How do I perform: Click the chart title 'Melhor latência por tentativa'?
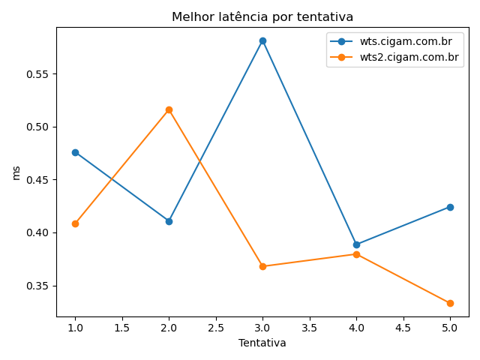click(x=262, y=16)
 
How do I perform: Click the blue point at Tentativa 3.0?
click(x=262, y=40)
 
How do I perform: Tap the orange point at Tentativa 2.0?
click(x=169, y=109)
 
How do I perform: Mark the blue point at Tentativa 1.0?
click(x=75, y=152)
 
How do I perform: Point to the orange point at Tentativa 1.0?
click(x=75, y=223)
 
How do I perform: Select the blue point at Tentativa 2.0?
click(x=169, y=221)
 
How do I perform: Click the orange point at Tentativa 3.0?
click(x=262, y=266)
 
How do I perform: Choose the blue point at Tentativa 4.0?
click(x=356, y=244)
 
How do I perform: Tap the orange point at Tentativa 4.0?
click(x=356, y=254)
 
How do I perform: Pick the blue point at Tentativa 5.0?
click(x=450, y=207)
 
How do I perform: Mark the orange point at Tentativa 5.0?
click(x=450, y=303)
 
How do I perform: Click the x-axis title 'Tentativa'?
click(x=262, y=343)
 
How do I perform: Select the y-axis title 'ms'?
click(x=16, y=172)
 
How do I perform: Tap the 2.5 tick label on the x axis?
click(x=215, y=328)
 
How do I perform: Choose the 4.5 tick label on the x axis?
click(x=403, y=328)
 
